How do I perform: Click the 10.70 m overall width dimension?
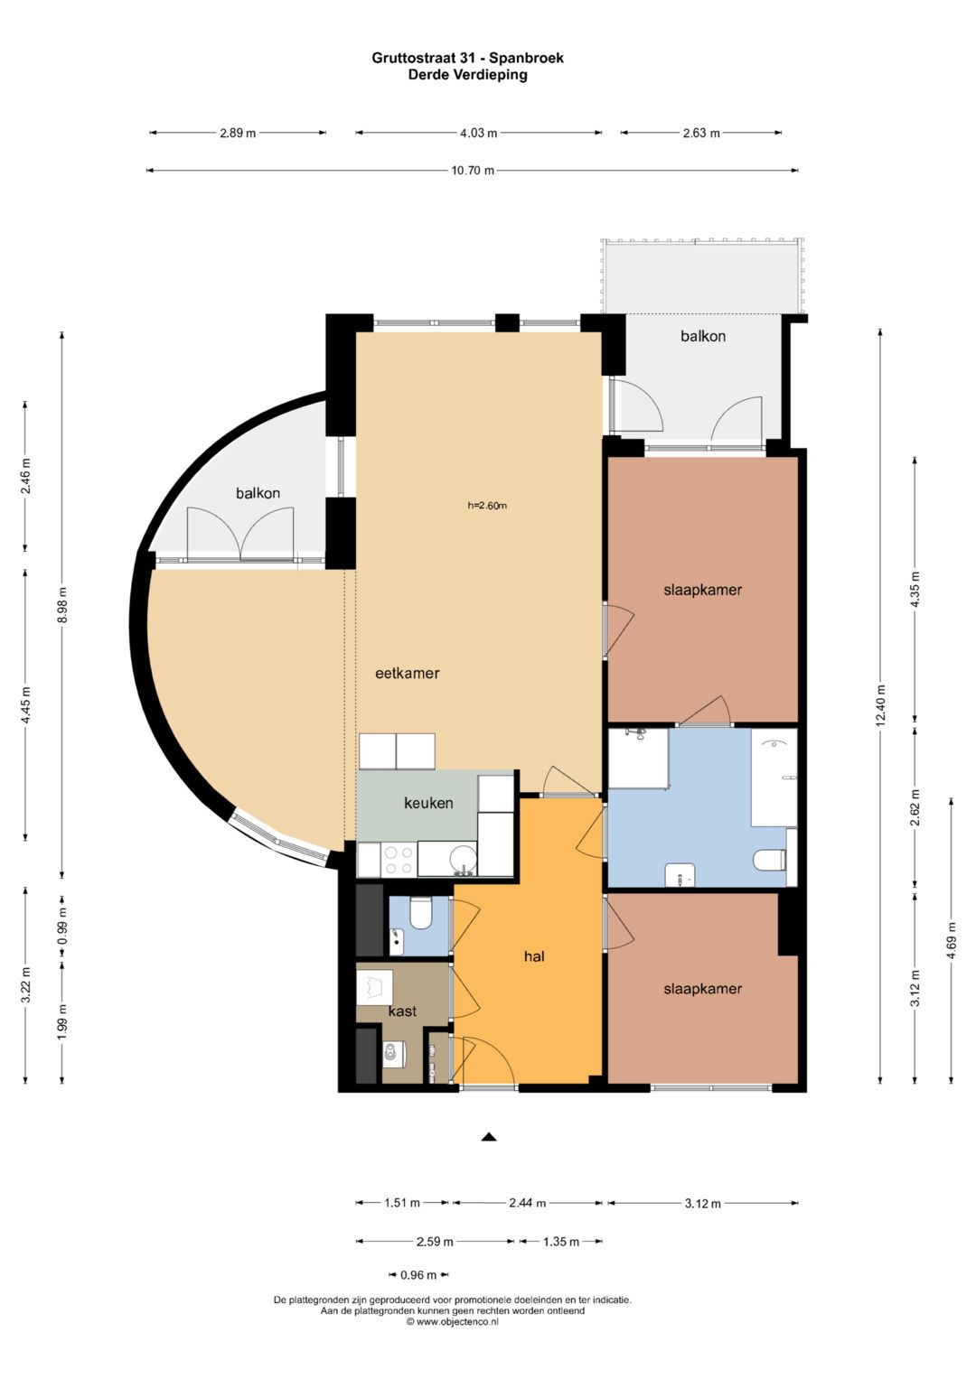click(x=473, y=171)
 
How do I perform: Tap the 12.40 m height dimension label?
click(x=880, y=706)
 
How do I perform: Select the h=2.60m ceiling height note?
click(x=487, y=506)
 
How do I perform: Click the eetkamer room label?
click(x=408, y=673)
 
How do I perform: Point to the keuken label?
click(x=428, y=803)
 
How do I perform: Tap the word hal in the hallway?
click(x=534, y=956)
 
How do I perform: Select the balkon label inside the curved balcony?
click(x=258, y=492)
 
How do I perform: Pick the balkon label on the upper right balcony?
click(x=702, y=336)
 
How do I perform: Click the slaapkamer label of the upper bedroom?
click(x=702, y=590)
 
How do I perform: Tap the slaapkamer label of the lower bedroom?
click(x=702, y=989)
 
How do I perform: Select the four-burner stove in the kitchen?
click(x=398, y=860)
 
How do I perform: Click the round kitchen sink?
click(x=464, y=860)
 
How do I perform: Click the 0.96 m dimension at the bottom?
click(x=418, y=1275)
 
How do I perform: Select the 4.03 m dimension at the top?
click(x=479, y=133)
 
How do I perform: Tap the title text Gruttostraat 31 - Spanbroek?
click(x=468, y=58)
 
